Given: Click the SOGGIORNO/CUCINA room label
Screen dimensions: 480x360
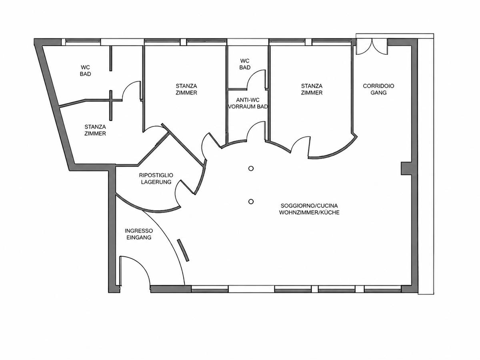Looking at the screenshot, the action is (x=309, y=209).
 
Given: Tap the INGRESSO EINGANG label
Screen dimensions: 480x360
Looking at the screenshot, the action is (x=139, y=234).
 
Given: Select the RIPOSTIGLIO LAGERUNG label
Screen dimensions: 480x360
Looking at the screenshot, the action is (x=156, y=178).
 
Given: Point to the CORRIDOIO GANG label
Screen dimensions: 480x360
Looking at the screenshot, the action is (x=378, y=89).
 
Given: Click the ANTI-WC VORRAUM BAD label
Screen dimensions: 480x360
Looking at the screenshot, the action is (x=248, y=103).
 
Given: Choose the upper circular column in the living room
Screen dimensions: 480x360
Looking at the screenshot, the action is (x=251, y=168).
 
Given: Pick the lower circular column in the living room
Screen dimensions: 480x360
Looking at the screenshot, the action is (x=251, y=202).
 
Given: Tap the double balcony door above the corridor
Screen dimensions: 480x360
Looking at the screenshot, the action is (x=372, y=47).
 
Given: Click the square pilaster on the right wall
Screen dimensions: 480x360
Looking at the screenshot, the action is (x=406, y=168).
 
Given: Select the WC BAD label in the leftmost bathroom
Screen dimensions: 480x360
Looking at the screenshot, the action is (x=85, y=71).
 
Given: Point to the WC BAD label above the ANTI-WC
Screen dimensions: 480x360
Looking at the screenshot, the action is (x=245, y=64).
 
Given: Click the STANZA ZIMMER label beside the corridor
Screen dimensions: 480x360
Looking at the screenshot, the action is (x=312, y=89).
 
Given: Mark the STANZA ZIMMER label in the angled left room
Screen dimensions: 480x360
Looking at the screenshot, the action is (x=95, y=130).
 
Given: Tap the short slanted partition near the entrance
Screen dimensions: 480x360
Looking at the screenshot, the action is (x=183, y=250).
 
